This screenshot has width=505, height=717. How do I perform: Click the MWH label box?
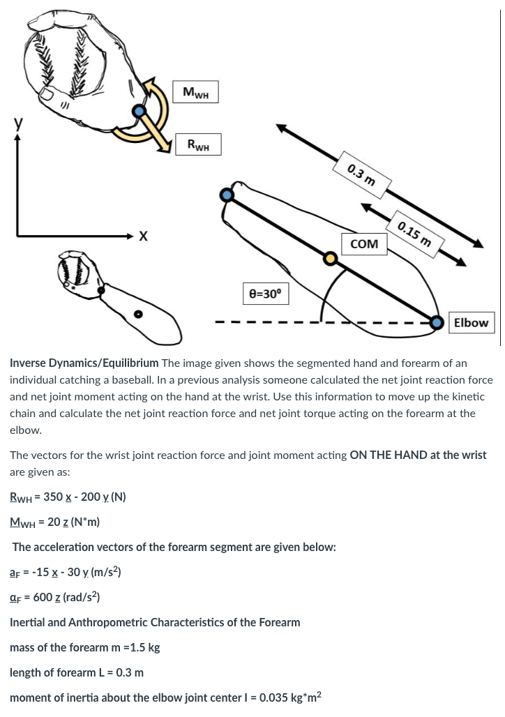(x=196, y=92)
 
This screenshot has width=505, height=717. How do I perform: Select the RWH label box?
(x=198, y=145)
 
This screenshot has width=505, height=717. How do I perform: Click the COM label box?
(x=364, y=244)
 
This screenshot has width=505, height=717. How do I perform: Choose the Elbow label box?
(x=471, y=322)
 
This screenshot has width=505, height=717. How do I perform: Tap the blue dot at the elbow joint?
(x=437, y=322)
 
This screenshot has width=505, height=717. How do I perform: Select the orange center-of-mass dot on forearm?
(x=331, y=259)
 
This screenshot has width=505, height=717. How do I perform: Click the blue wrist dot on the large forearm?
(x=227, y=195)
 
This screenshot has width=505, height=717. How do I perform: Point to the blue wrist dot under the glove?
(x=141, y=111)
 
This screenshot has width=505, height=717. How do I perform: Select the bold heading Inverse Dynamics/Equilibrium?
(x=84, y=363)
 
